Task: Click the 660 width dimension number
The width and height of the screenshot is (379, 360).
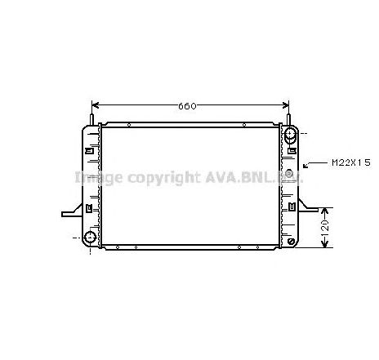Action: [187, 106]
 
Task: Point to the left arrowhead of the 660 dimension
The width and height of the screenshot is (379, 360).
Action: [95, 105]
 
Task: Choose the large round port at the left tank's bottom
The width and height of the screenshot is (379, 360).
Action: [89, 238]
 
